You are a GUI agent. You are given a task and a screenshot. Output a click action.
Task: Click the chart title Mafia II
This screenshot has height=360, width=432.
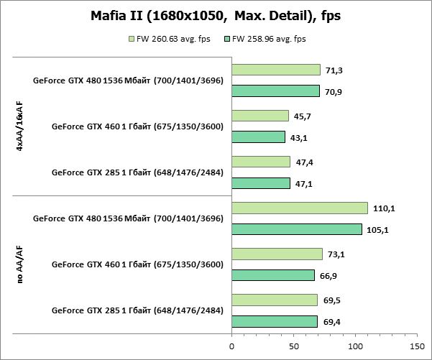[216, 16]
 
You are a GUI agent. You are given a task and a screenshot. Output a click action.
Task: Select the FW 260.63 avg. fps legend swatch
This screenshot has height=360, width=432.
[131, 39]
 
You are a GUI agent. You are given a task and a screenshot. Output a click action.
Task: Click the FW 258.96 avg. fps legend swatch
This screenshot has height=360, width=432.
[227, 39]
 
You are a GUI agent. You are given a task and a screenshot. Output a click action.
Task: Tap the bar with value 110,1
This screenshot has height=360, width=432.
[299, 208]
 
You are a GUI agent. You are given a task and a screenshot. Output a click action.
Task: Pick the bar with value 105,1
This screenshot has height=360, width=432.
[296, 229]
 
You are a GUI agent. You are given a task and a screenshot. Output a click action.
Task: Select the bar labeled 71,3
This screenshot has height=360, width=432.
[275, 70]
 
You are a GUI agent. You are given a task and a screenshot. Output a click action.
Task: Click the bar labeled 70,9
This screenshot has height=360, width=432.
[275, 91]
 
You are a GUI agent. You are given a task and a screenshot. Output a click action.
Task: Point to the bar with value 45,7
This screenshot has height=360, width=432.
[259, 116]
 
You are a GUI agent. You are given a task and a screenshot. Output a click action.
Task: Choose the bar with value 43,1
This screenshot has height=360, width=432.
[258, 137]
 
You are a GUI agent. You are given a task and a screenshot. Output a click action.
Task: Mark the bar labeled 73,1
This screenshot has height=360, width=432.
[277, 254]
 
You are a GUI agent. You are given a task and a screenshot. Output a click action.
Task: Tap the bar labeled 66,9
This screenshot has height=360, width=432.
[273, 275]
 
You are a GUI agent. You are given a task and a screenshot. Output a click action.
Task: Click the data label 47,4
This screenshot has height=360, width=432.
[304, 162]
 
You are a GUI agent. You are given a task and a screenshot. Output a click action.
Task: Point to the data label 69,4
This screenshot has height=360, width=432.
[331, 321]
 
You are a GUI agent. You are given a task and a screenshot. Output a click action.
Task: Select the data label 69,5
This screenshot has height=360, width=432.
[331, 300]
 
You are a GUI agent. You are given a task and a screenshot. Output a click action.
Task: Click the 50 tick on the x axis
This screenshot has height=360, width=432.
[293, 346]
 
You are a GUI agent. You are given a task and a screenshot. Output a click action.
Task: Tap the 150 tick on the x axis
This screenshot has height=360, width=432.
[418, 346]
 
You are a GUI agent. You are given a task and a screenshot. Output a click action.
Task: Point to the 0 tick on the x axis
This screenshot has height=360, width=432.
[231, 346]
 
